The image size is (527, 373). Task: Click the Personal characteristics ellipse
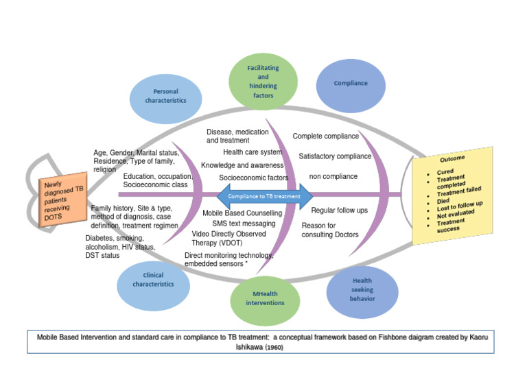click(x=165, y=96)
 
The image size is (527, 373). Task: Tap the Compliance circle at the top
click(x=351, y=84)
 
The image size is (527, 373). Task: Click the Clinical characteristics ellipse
click(x=153, y=280)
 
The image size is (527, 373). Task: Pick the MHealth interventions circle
click(x=264, y=298)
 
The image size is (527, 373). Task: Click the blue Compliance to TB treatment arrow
click(x=264, y=196)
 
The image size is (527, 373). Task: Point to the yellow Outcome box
click(x=452, y=195)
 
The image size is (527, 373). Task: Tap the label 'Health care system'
click(x=252, y=152)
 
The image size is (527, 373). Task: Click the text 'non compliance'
click(x=333, y=176)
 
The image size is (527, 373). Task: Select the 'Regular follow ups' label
click(x=339, y=210)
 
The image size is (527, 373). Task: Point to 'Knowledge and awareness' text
click(x=242, y=165)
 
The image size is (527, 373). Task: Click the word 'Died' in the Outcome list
click(x=443, y=201)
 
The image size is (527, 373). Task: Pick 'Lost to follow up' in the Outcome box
click(x=459, y=206)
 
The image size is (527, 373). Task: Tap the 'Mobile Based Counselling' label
click(x=242, y=213)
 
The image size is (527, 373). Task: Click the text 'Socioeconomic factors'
click(x=253, y=178)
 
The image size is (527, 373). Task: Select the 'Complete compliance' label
click(x=325, y=136)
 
